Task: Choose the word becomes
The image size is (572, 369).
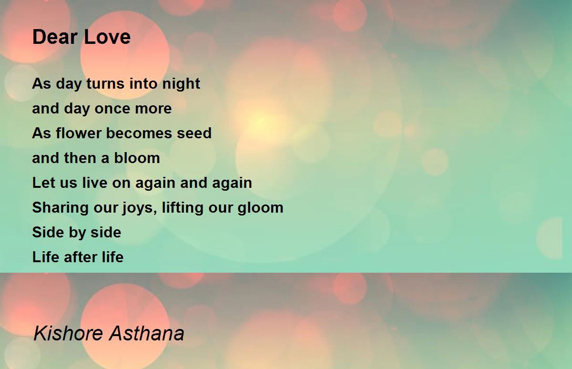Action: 139,133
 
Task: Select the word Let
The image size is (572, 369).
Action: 42,183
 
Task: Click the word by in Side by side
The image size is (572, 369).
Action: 76,233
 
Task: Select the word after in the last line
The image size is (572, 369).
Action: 77,257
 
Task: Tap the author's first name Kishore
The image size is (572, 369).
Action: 69,333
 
